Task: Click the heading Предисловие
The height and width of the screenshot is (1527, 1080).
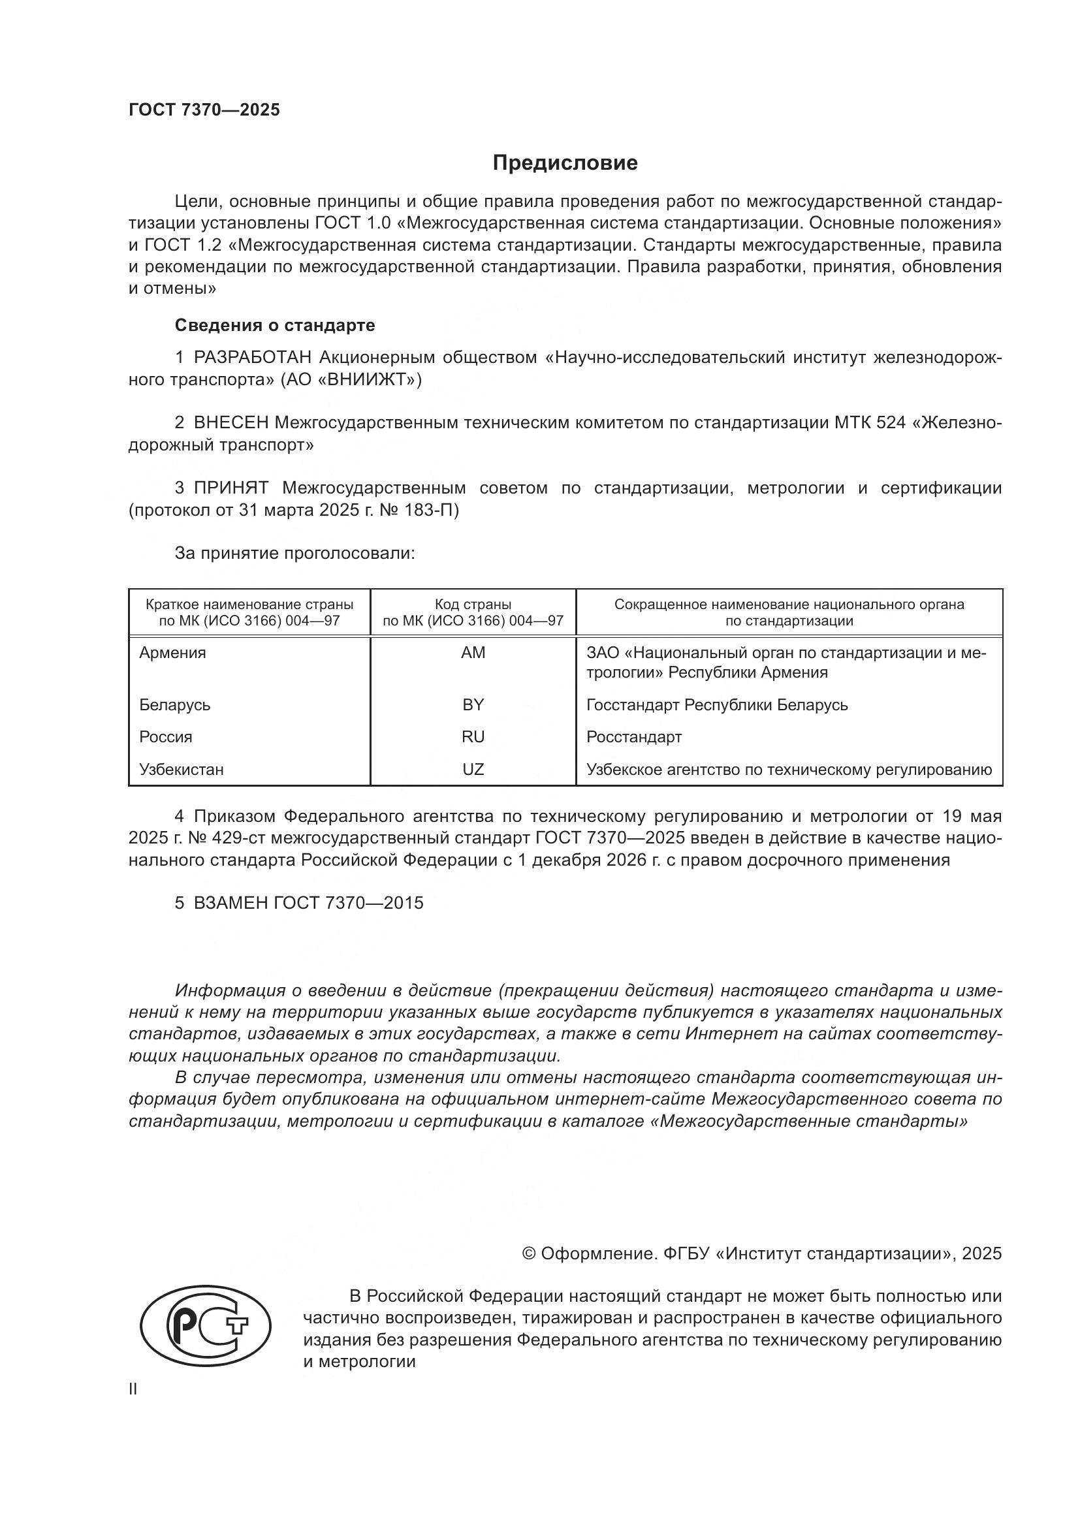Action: point(565,163)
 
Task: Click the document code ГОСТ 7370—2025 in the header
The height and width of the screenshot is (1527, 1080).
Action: point(204,110)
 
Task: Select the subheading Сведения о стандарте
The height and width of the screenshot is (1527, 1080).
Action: point(275,325)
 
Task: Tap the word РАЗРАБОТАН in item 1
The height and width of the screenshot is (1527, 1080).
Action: point(253,358)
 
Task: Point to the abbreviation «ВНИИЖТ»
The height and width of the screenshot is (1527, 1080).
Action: point(366,381)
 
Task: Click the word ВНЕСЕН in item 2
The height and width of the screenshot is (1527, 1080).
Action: point(230,423)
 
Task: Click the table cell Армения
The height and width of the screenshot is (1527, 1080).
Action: point(173,653)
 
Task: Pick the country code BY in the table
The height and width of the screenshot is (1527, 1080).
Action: point(473,705)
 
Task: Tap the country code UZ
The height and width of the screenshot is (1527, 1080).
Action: point(473,770)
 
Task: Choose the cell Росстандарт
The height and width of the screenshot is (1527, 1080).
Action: point(634,737)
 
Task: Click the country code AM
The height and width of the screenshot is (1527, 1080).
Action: point(473,653)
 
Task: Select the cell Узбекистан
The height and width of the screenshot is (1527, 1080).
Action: point(182,770)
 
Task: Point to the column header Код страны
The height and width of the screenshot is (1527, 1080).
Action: point(473,605)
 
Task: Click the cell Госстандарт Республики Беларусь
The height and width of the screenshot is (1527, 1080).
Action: point(717,705)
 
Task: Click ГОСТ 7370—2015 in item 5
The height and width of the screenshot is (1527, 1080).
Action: point(349,903)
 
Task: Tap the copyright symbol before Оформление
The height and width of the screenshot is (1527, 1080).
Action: point(530,1254)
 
